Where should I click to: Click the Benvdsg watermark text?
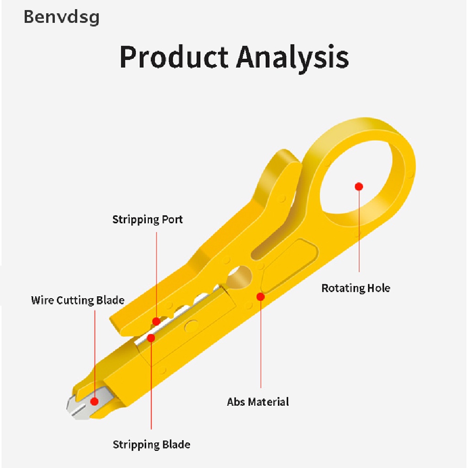[61, 17]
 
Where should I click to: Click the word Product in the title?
[174, 57]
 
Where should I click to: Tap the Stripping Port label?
[147, 219]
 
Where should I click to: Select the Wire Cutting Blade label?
[78, 300]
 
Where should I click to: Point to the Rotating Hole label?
[356, 288]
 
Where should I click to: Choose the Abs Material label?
[258, 402]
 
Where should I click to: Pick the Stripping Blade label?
[151, 444]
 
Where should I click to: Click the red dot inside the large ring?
[359, 186]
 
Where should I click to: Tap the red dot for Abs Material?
[261, 297]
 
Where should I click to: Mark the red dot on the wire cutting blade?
[95, 401]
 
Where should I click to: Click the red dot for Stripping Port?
[156, 321]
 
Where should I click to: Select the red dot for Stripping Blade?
[151, 338]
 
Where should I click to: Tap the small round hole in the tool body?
[239, 275]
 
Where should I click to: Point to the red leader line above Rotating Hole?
[359, 233]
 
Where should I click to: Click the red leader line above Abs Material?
[261, 347]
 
